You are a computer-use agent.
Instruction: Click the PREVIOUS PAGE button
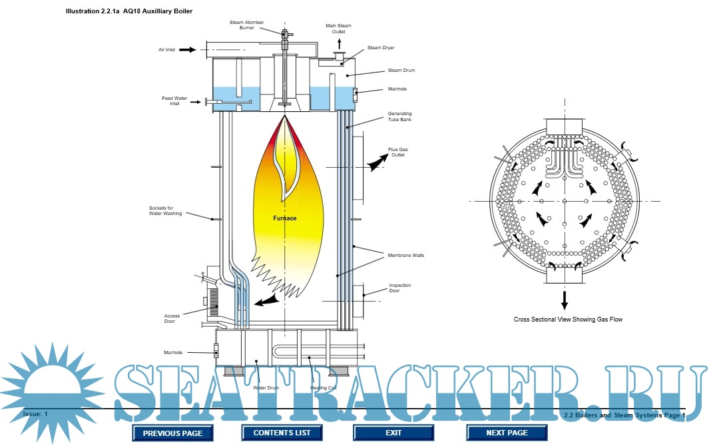tap(172, 433)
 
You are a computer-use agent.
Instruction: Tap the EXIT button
tap(393, 433)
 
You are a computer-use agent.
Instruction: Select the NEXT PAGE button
tap(507, 433)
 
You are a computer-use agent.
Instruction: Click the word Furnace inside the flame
tap(284, 218)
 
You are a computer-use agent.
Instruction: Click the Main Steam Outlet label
tap(338, 28)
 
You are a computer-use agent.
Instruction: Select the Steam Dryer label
tap(381, 48)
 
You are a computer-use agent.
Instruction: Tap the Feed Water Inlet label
tap(175, 101)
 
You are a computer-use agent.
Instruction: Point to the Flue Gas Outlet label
tap(397, 152)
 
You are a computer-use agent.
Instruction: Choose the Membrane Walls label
tap(405, 255)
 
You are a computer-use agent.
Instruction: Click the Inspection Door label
tap(400, 288)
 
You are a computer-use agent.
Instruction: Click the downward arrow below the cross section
tap(565, 300)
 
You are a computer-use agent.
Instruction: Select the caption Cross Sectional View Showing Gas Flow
tap(568, 320)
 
